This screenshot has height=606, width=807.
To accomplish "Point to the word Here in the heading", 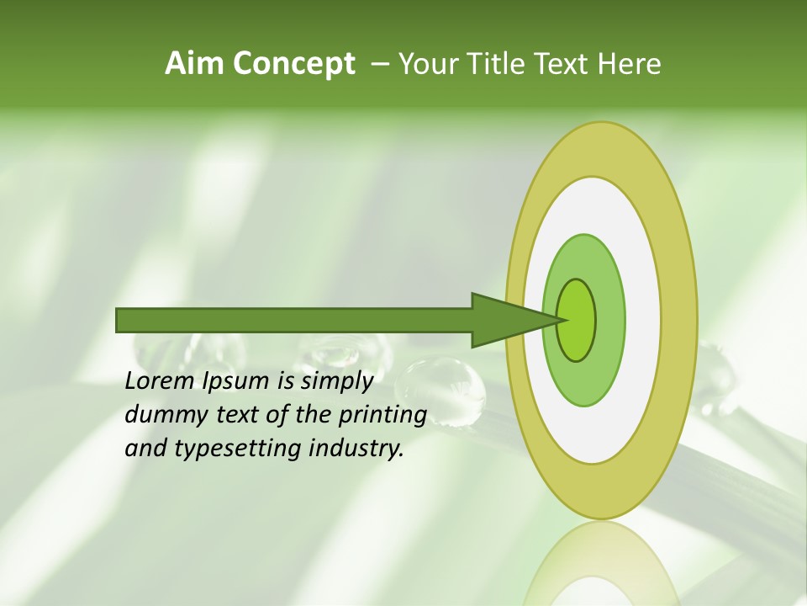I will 629,64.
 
